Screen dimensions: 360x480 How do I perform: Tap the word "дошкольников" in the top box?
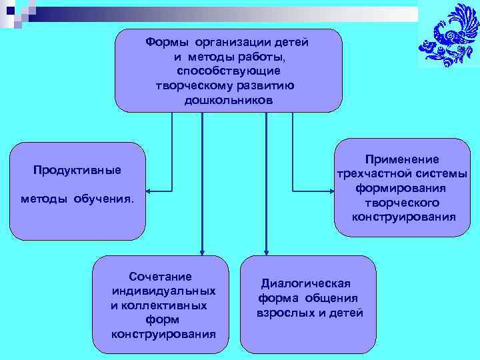(x=229, y=100)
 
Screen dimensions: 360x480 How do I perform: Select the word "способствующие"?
(x=229, y=71)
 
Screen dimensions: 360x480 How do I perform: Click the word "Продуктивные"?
(x=77, y=170)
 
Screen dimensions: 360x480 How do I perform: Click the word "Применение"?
(x=402, y=159)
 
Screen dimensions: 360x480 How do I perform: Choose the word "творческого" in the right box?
(x=402, y=202)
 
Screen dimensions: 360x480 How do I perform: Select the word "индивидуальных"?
(x=164, y=291)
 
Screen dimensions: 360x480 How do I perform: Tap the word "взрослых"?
(x=285, y=312)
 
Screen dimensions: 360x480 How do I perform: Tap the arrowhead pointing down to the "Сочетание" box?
(x=201, y=251)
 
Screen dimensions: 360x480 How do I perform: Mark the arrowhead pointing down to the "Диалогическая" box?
(x=266, y=251)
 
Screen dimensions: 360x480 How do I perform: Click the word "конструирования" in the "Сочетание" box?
(x=164, y=334)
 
